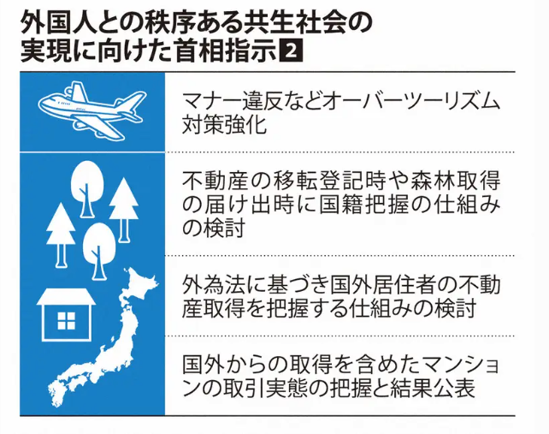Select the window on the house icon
coord(65,322)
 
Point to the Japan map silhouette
coord(111,351)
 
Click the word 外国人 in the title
coord(57,21)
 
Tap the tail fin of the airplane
coord(53,98)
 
